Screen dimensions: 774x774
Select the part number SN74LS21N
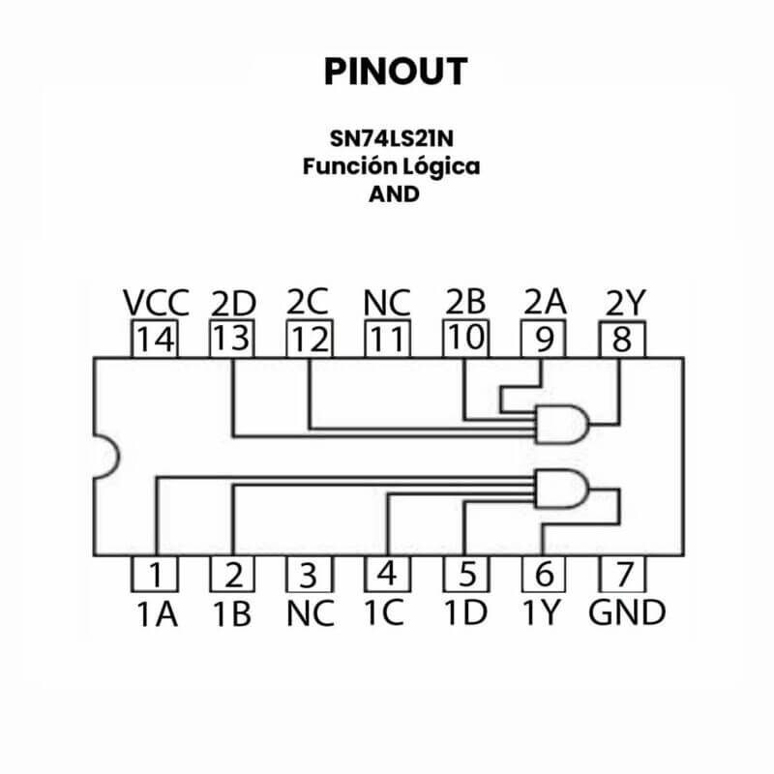point(390,136)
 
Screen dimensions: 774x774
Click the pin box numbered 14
point(156,340)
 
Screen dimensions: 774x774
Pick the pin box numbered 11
point(388,340)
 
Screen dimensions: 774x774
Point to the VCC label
point(156,303)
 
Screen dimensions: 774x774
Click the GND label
point(627,613)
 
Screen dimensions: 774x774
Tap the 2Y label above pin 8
point(624,303)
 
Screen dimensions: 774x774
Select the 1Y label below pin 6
point(545,613)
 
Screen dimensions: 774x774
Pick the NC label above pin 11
point(387,303)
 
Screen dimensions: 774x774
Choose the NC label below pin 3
point(311,613)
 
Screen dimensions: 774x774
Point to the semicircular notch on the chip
point(104,455)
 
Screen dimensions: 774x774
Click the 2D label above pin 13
point(232,304)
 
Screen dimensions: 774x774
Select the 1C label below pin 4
point(384,613)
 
